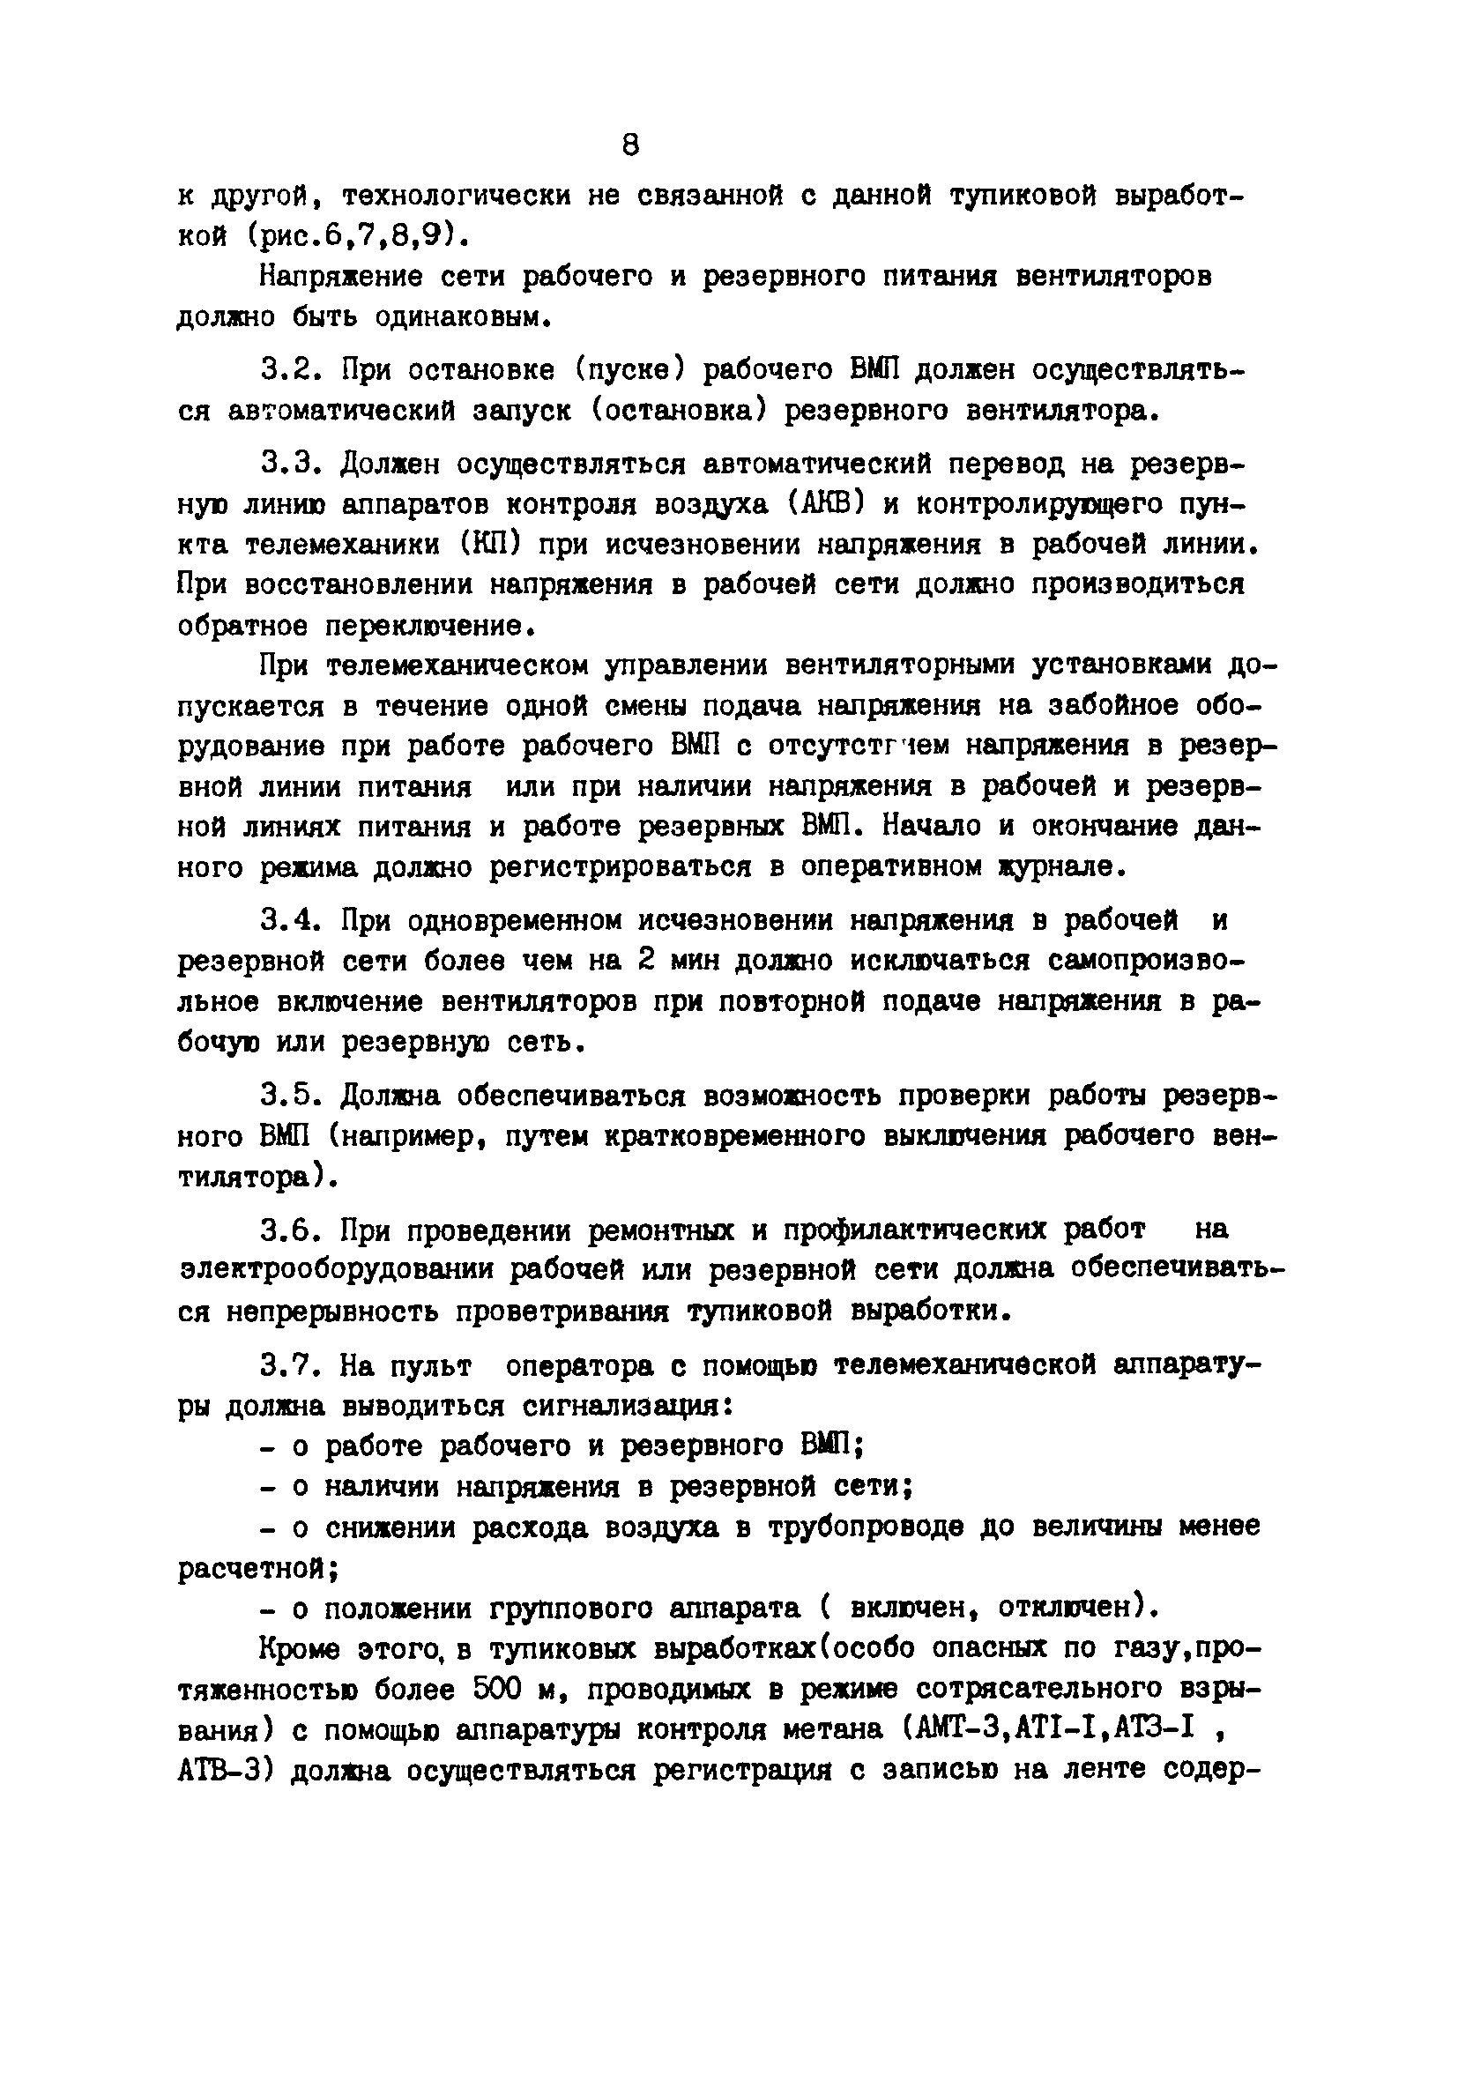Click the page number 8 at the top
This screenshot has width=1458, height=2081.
click(631, 145)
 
